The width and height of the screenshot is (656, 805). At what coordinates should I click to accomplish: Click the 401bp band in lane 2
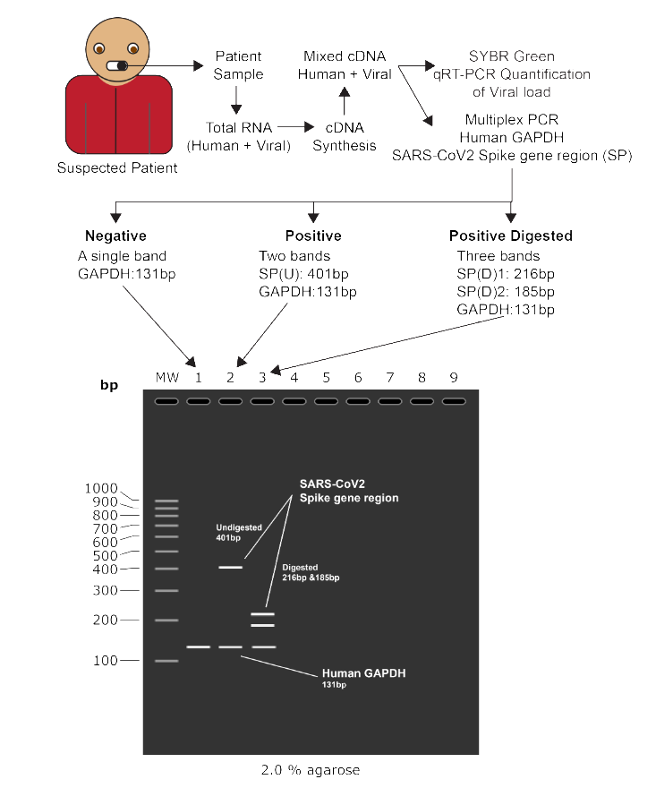(x=230, y=567)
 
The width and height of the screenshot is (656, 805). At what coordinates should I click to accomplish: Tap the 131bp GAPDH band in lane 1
(x=198, y=647)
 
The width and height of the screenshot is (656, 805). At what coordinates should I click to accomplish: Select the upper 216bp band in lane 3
(x=262, y=614)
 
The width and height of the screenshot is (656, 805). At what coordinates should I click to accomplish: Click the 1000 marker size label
(x=101, y=488)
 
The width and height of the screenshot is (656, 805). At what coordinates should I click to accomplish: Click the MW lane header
(x=166, y=377)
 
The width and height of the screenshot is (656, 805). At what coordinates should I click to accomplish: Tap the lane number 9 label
(x=453, y=377)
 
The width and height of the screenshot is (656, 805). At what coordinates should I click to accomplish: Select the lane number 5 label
(x=326, y=377)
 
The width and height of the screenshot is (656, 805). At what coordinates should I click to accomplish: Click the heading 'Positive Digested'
(x=510, y=236)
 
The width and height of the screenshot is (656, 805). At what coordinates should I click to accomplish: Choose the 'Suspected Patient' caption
(x=117, y=167)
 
